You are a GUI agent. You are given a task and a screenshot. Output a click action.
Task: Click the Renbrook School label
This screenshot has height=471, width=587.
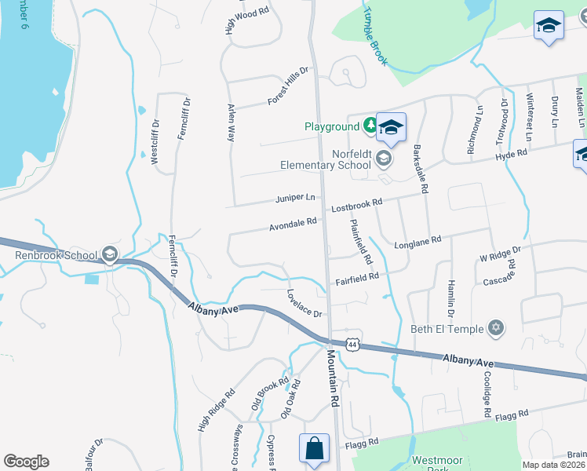pyautogui.click(x=56, y=255)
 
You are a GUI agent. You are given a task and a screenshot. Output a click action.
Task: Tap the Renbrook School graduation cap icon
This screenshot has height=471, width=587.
pyautogui.click(x=110, y=254)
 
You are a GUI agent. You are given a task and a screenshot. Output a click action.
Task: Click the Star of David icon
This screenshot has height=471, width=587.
pyautogui.click(x=495, y=327)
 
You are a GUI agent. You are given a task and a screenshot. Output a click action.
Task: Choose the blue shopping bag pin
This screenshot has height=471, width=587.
pyautogui.click(x=314, y=448)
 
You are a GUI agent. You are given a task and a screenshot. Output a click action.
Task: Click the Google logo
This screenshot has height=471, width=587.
pyautogui.click(x=26, y=462)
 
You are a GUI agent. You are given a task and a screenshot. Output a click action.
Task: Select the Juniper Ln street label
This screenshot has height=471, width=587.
pyautogui.click(x=295, y=197)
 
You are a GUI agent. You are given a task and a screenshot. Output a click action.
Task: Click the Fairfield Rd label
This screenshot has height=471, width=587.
pyautogui.click(x=357, y=276)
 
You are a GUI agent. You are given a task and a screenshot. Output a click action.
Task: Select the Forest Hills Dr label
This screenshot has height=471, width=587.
pyautogui.click(x=288, y=86)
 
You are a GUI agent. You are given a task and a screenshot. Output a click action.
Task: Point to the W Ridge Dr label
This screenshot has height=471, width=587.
pyautogui.click(x=500, y=255)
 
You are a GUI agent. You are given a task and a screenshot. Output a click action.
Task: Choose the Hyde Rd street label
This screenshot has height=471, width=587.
pyautogui.click(x=511, y=157)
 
